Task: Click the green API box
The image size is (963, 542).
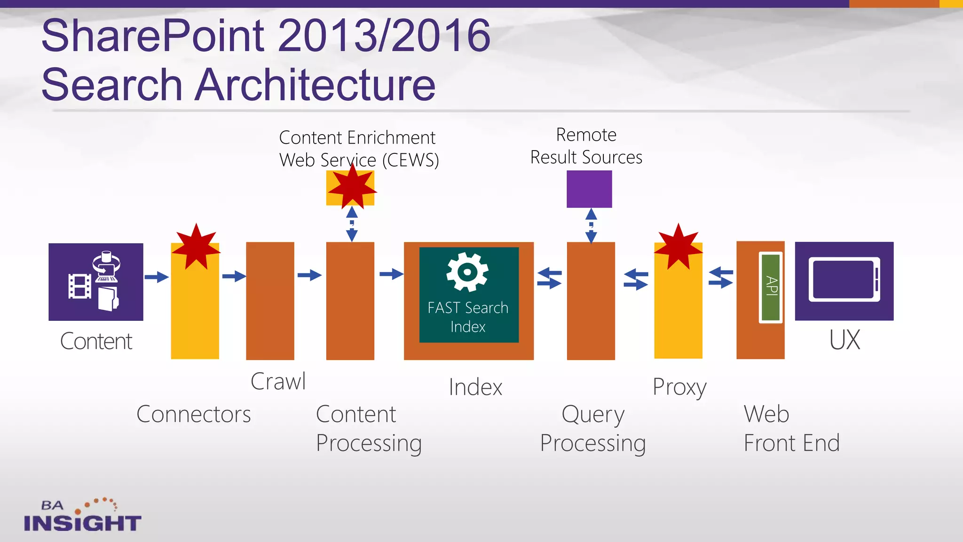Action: [x=771, y=287]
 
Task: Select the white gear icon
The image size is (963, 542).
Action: [x=467, y=271]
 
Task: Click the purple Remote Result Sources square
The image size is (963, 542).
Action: [x=589, y=189]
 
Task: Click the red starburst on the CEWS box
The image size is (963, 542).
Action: [x=352, y=187]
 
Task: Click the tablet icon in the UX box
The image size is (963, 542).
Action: [x=844, y=280]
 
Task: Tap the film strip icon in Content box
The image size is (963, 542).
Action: [x=80, y=287]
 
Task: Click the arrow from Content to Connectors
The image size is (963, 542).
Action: [x=157, y=277]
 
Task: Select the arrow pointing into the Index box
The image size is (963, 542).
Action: [x=391, y=274]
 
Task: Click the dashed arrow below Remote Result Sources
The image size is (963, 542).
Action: [x=591, y=226]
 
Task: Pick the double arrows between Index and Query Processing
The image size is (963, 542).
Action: [x=550, y=278]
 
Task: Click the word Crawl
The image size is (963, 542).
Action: [x=278, y=381]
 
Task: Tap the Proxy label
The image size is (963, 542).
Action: [x=679, y=388]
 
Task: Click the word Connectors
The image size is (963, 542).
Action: [x=193, y=414]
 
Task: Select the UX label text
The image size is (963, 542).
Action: [x=845, y=340]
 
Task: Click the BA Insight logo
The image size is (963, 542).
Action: [x=82, y=516]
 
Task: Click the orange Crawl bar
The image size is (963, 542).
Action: [x=270, y=301]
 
